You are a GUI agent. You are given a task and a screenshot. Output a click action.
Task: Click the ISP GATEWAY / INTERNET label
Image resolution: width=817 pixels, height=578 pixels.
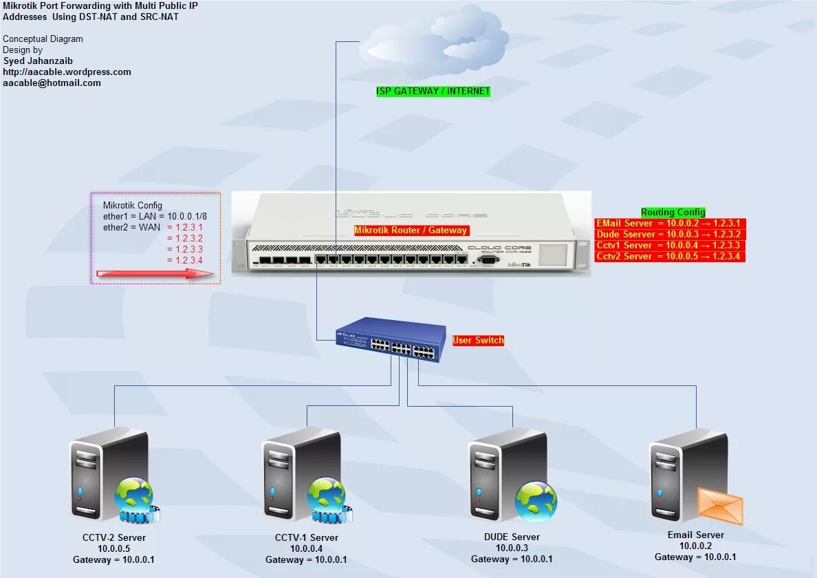(433, 91)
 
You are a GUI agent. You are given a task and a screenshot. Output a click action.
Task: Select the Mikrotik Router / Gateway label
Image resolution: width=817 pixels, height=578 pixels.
(411, 231)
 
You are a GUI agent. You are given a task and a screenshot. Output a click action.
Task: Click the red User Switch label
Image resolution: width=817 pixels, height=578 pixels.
(478, 341)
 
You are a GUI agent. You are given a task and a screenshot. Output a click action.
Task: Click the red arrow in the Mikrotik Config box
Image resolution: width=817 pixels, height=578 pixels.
(155, 274)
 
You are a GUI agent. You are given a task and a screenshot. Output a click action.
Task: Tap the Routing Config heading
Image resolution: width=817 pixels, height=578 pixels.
(673, 213)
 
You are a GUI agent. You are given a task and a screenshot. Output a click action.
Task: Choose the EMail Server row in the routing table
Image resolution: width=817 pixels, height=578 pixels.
(670, 224)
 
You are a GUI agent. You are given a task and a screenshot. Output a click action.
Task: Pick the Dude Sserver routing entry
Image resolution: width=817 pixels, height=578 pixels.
(670, 235)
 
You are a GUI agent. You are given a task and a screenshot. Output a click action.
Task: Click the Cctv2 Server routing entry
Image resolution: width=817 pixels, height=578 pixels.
(670, 257)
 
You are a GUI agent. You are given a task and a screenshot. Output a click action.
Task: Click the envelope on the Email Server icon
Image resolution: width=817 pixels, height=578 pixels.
(720, 505)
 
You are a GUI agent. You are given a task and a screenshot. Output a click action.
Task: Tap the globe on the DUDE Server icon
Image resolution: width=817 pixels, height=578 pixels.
(536, 501)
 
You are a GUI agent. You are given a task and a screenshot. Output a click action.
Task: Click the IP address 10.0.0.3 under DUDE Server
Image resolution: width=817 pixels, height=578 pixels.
(512, 548)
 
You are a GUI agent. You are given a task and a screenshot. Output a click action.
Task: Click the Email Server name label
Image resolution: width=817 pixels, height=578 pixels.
(695, 535)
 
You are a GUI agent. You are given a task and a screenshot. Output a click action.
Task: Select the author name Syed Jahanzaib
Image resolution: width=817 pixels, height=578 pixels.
(37, 61)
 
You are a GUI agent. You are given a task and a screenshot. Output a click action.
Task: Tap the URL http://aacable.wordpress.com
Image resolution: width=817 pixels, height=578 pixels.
(67, 72)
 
